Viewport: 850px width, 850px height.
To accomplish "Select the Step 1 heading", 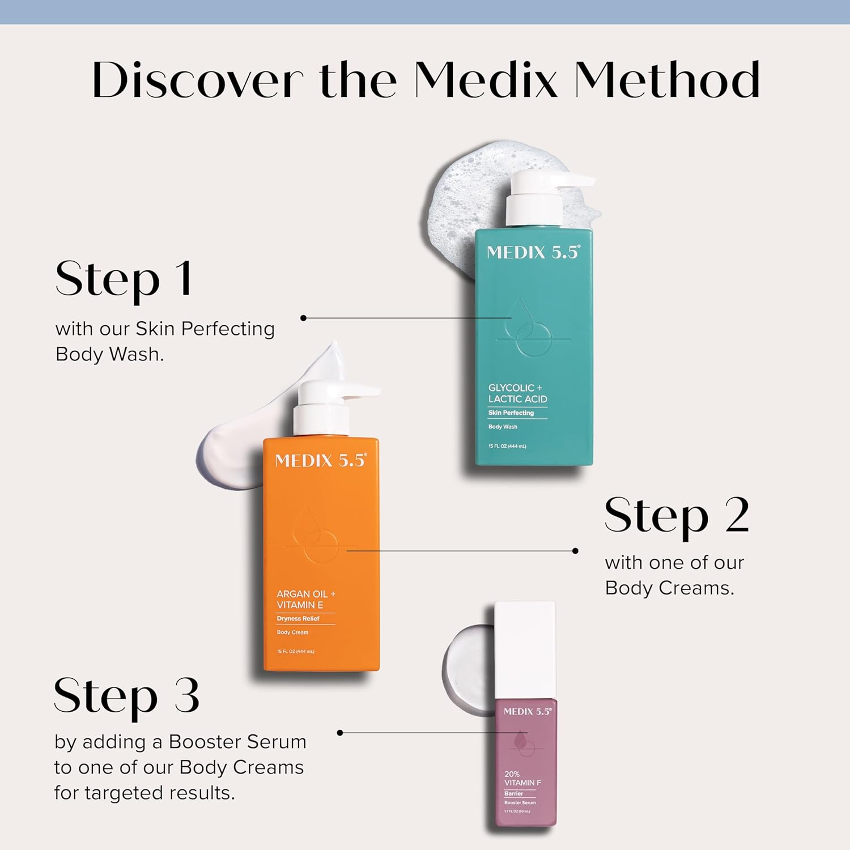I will pyautogui.click(x=124, y=280).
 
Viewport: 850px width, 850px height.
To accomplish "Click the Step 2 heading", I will pyautogui.click(x=677, y=516).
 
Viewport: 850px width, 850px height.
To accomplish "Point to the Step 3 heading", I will pyautogui.click(x=126, y=696).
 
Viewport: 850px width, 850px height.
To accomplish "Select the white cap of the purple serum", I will pyautogui.click(x=524, y=650).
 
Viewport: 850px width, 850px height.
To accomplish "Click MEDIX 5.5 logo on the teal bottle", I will pyautogui.click(x=533, y=252).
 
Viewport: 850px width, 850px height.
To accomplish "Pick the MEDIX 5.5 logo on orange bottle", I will pyautogui.click(x=321, y=461).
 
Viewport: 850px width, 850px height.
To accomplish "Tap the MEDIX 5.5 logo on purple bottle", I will pyautogui.click(x=527, y=712).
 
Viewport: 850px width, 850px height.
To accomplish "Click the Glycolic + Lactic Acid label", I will pyautogui.click(x=517, y=393).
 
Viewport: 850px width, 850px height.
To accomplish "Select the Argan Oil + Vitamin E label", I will pyautogui.click(x=306, y=600).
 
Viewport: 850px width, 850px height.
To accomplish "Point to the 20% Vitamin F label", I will pyautogui.click(x=522, y=778).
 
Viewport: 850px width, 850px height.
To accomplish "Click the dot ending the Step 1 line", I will pyautogui.click(x=303, y=318).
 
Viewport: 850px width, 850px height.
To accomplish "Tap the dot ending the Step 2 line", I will pyautogui.click(x=575, y=550).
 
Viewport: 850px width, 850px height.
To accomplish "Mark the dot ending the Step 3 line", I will pyautogui.click(x=340, y=733).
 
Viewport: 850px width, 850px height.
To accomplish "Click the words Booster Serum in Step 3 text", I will pyautogui.click(x=237, y=742).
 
